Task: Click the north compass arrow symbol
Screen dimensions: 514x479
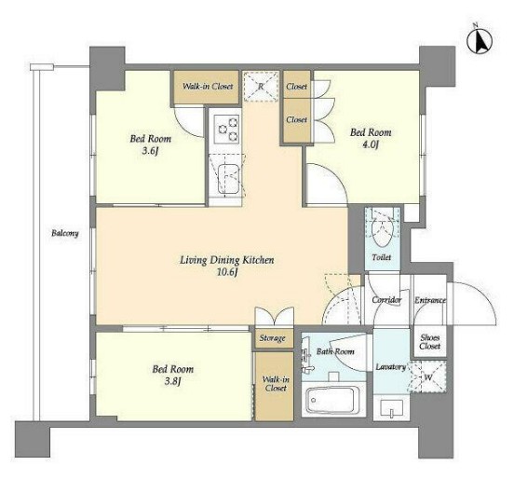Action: (x=480, y=41)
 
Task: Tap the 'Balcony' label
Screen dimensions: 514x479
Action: (x=65, y=233)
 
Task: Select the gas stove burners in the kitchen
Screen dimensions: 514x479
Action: (x=226, y=129)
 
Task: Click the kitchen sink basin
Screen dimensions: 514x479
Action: (x=227, y=179)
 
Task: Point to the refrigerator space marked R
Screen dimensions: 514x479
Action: (x=261, y=87)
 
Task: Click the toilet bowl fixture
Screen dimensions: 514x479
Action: (x=382, y=230)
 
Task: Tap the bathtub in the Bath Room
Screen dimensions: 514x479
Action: (x=333, y=401)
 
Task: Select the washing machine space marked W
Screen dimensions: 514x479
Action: (x=428, y=377)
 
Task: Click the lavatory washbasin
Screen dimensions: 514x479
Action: (x=391, y=409)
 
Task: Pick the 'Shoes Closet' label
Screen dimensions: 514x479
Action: (x=430, y=341)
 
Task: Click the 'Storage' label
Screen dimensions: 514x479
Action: (x=273, y=338)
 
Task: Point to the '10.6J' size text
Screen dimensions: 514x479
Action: (x=227, y=272)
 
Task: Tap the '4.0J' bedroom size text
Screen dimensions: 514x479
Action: (x=371, y=144)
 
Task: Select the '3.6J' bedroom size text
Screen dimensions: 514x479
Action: (x=151, y=151)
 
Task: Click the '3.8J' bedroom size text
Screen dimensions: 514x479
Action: (x=173, y=381)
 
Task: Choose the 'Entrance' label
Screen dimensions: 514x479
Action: (x=430, y=300)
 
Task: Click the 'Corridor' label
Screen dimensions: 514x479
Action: (x=386, y=300)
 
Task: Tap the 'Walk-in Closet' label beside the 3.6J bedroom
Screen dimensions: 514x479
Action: (x=208, y=87)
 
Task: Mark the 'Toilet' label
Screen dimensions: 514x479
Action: (x=382, y=257)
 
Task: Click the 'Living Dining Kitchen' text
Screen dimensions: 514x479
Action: (x=227, y=260)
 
